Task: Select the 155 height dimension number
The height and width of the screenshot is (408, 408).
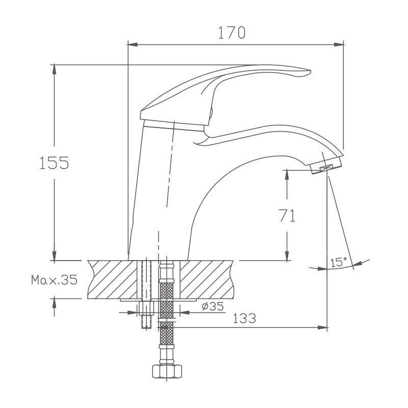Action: pos(54,163)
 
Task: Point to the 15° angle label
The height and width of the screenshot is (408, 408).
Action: pos(338,263)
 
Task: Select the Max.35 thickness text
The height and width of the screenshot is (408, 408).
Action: pos(54,280)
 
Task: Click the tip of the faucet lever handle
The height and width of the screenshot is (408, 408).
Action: pos(306,72)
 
